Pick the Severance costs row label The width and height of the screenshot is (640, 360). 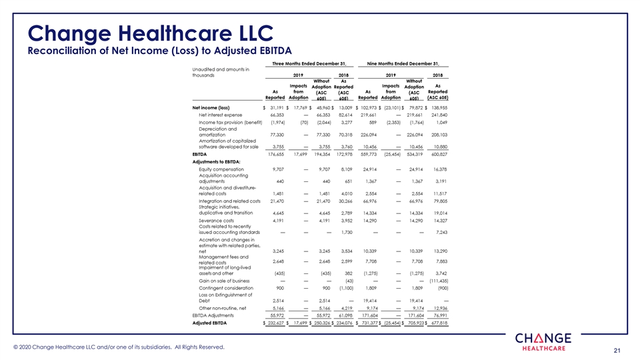[217, 220]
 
